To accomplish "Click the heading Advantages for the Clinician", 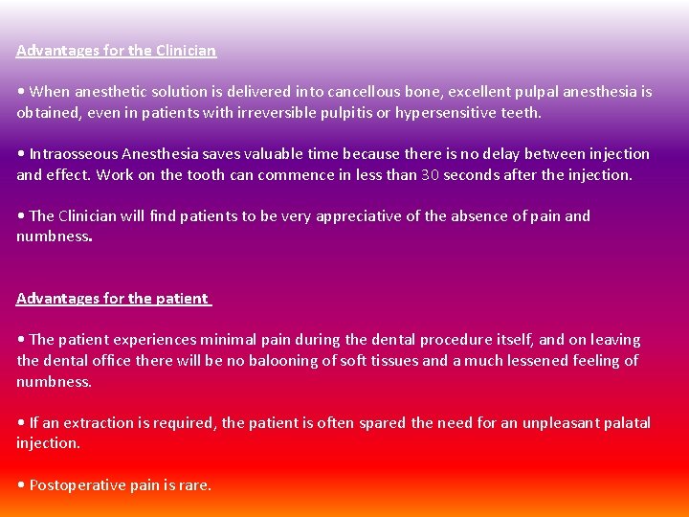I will [116, 50].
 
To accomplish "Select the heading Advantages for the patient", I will [112, 298].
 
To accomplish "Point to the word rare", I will [194, 485].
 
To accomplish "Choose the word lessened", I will [540, 361].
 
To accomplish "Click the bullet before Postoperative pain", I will [21, 485].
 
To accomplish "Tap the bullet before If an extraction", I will [21, 423].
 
